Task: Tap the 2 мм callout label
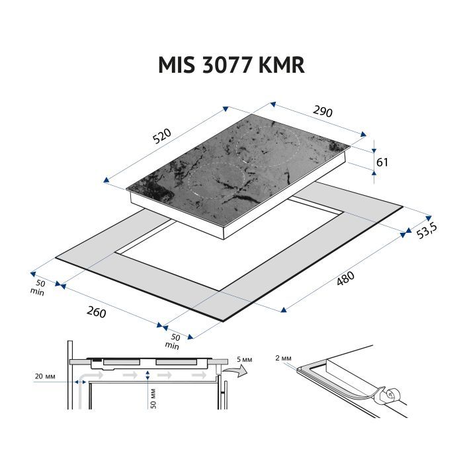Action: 282,358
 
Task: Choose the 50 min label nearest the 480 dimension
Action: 173,341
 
